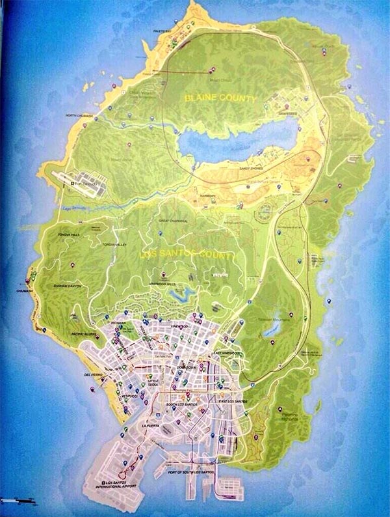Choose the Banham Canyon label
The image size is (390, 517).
pyautogui.click(x=67, y=286)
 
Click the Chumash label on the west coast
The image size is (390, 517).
pyautogui.click(x=25, y=292)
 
